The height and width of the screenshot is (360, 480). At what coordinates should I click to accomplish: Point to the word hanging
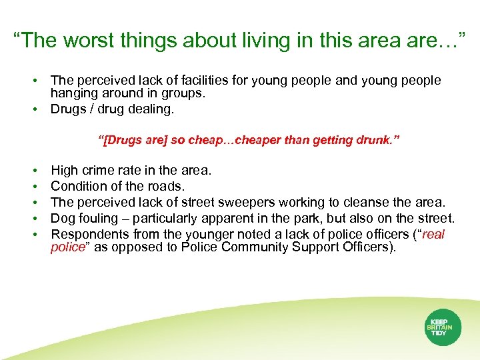pyautogui.click(x=74, y=93)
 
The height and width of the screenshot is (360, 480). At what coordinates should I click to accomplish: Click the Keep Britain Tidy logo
pyautogui.click(x=439, y=327)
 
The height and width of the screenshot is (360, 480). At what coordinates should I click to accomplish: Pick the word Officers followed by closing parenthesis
pyautogui.click(x=370, y=247)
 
